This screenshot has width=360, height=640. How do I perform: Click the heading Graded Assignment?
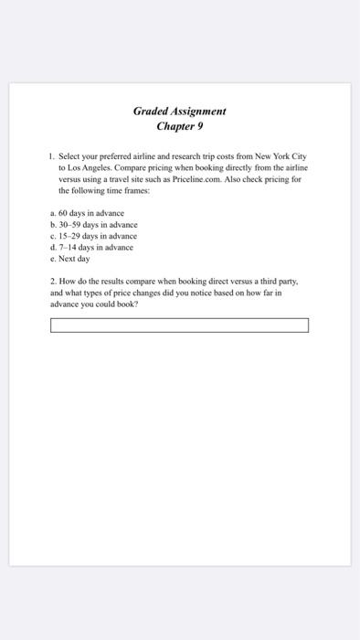pos(179,112)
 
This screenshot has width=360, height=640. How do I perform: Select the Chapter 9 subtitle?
pos(179,126)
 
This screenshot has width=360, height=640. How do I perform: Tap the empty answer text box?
pos(179,325)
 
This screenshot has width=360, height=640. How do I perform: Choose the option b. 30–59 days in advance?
pos(93,224)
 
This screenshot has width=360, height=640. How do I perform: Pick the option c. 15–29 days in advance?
pos(93,235)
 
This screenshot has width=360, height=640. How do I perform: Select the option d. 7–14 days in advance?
pos(91,247)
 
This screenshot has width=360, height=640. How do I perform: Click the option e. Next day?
pos(72,258)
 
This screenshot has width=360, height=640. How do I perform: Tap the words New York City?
pos(281,158)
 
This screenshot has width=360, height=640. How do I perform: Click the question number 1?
pos(53,158)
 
